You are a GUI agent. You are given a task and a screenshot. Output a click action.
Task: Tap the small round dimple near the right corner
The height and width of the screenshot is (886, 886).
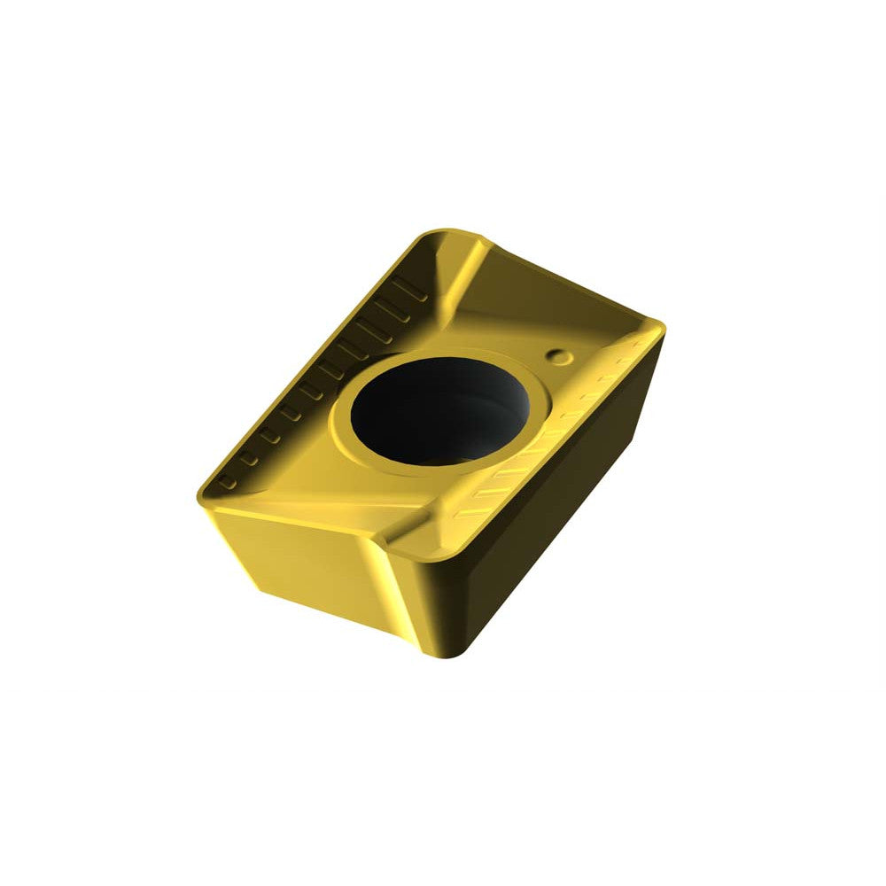[x=558, y=356]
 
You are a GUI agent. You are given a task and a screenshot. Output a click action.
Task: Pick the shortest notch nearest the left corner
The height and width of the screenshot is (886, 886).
[x=228, y=482]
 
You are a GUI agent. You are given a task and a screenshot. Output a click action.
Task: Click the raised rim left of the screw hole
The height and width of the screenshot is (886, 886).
[x=341, y=416]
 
